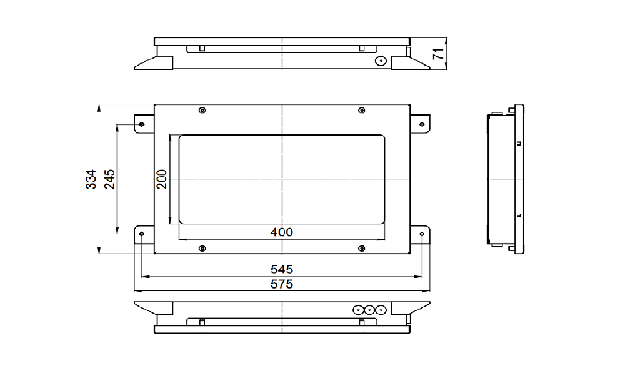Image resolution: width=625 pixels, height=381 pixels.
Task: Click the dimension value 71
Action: coord(439,54)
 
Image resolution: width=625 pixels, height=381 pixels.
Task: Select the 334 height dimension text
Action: coord(91,179)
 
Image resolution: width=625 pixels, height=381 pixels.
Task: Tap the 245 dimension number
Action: coord(109,179)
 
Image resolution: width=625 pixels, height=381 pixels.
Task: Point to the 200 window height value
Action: coord(161,179)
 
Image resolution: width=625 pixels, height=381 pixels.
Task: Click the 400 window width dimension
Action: coord(281,232)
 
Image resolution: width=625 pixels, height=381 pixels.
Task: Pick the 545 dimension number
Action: coord(281,269)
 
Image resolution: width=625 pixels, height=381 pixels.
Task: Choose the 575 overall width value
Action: coord(281,284)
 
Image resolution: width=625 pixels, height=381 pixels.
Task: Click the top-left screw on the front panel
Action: coord(202,110)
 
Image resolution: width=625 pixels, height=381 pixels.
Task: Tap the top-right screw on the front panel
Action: coord(361,110)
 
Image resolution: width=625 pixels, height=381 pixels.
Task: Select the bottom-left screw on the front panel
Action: coord(202,249)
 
